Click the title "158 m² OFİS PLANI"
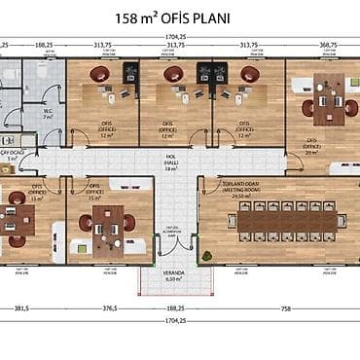[180, 17]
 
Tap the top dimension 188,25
[44, 45]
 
